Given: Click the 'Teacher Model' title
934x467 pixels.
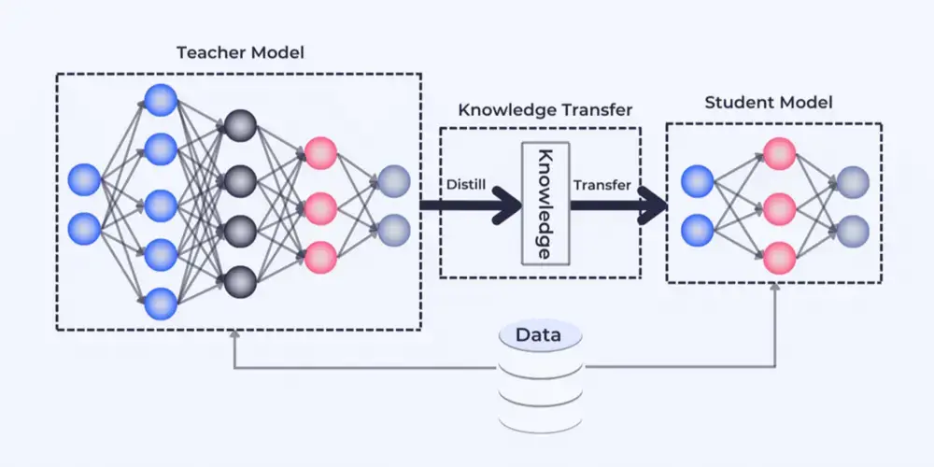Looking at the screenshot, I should point(240,52).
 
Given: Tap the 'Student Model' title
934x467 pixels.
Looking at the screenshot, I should point(769,102).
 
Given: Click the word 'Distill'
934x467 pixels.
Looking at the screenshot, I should point(467,184).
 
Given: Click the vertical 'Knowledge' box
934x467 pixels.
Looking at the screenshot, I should point(545,203).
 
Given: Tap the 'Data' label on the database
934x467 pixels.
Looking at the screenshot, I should point(539,334).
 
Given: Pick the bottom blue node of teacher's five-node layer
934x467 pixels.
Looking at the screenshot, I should point(161,303).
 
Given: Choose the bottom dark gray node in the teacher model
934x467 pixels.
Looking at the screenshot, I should point(240,278).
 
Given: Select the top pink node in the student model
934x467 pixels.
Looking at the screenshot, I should point(779,151).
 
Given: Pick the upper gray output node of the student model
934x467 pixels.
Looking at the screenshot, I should point(854,180).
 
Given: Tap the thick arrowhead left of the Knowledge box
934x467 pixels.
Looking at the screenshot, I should point(505,204).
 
